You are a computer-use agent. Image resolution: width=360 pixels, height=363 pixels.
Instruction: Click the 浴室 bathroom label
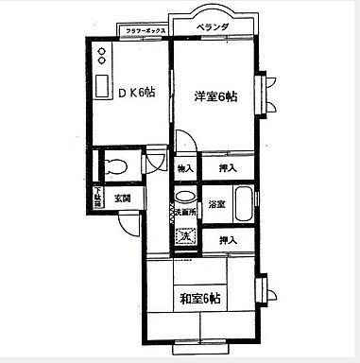(215, 204)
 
